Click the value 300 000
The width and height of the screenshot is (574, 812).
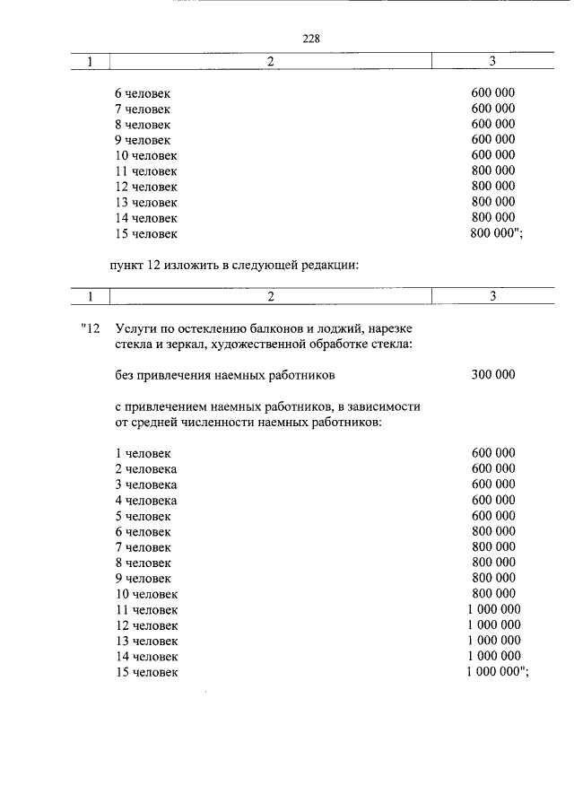coord(493,374)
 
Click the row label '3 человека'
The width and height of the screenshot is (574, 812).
coord(145,485)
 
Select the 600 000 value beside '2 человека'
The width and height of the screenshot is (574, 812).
coord(493,469)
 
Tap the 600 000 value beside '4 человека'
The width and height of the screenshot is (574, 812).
coord(493,501)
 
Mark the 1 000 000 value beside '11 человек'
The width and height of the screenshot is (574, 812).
coord(494,609)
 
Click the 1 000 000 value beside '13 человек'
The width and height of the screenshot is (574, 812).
coord(494,641)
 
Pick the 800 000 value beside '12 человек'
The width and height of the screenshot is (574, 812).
coord(493,187)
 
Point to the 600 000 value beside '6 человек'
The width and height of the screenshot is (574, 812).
coord(493,93)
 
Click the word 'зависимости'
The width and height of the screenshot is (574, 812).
coord(387,406)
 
